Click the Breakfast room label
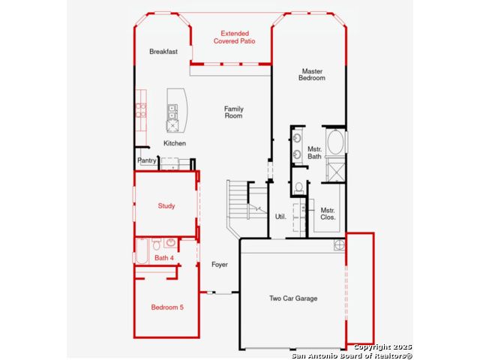tap(163, 52)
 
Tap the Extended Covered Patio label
tap(235, 37)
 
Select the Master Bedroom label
tap(312, 74)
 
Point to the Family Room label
tap(233, 112)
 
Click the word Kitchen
tap(175, 143)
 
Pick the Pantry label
tap(147, 160)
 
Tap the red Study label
tap(166, 205)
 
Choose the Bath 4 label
tap(164, 258)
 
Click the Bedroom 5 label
tap(167, 307)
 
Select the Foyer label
tap(220, 264)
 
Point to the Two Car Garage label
tap(293, 298)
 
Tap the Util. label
tap(280, 217)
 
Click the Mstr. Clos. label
tap(328, 214)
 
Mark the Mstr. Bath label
tap(315, 152)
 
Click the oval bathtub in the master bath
tap(335, 142)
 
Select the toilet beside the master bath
tap(299, 188)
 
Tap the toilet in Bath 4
tap(157, 244)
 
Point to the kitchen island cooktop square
tap(172, 126)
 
